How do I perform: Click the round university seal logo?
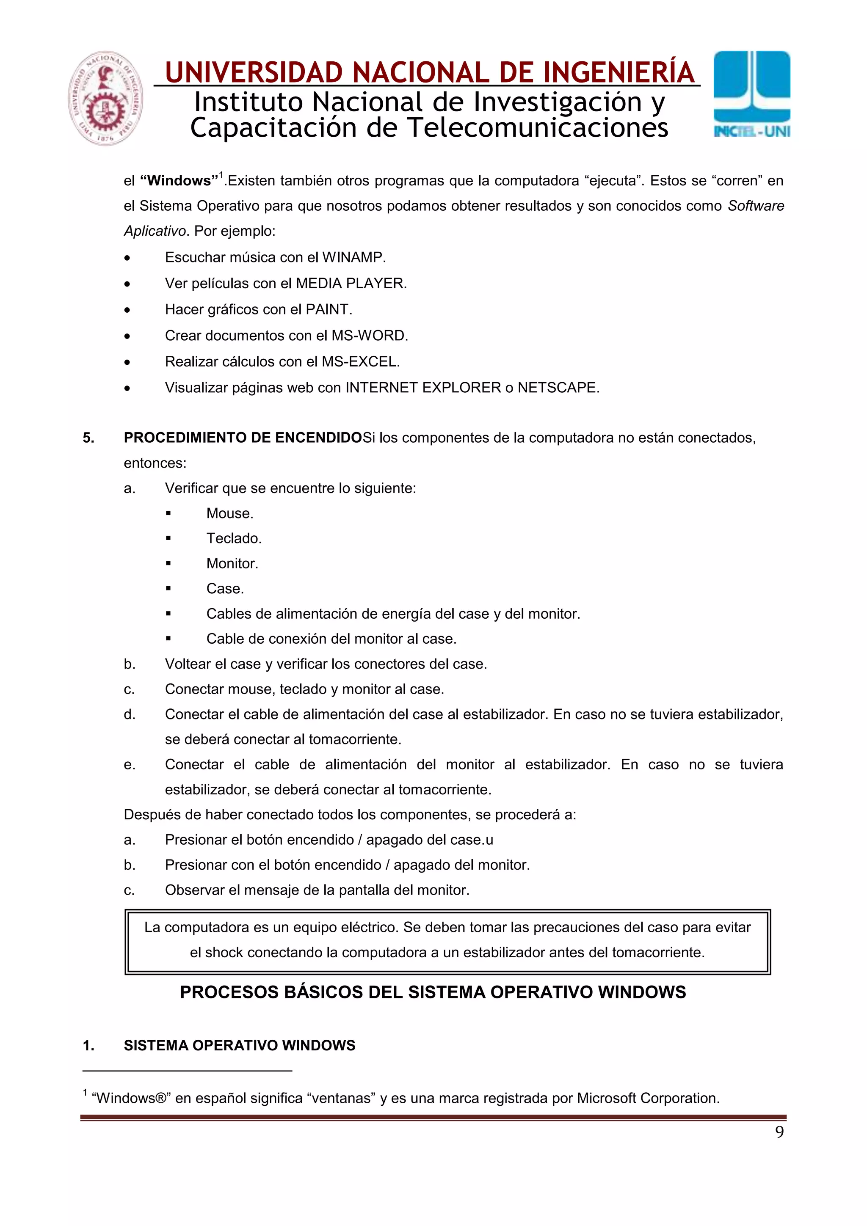(x=105, y=98)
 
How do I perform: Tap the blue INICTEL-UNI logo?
(x=751, y=94)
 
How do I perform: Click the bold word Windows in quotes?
(x=179, y=180)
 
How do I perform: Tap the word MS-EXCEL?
(x=359, y=361)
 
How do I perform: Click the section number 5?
(x=88, y=438)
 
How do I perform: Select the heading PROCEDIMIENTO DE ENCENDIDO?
(x=243, y=438)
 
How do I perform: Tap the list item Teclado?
(x=233, y=538)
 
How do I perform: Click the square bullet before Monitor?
(x=168, y=563)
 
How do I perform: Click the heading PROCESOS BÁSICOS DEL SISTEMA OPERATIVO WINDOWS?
(x=433, y=992)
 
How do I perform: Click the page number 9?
(x=779, y=1132)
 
